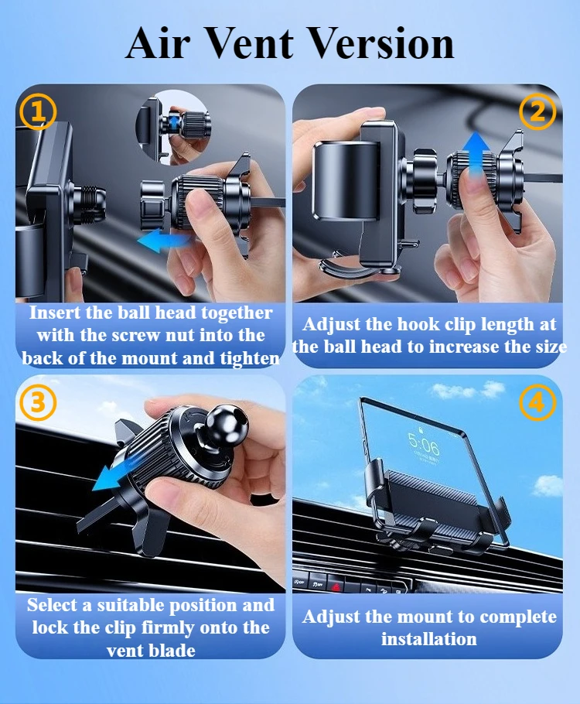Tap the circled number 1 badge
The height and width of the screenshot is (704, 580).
(x=38, y=111)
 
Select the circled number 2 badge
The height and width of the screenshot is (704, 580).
(x=537, y=111)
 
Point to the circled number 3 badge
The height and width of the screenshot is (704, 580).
(x=38, y=402)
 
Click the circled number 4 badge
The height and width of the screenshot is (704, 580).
(x=537, y=402)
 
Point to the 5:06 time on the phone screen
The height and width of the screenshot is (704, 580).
(x=424, y=445)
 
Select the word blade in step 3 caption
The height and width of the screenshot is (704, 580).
(x=172, y=650)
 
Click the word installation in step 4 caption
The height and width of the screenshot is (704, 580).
(x=428, y=638)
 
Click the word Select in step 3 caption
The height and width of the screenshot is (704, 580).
(x=52, y=605)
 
